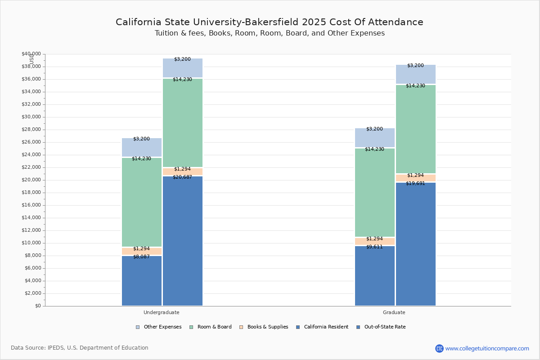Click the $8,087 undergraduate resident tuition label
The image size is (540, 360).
(x=141, y=256)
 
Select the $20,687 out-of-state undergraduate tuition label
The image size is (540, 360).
(x=182, y=177)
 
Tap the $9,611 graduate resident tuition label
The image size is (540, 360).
(x=374, y=247)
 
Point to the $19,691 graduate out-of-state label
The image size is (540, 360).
(x=415, y=183)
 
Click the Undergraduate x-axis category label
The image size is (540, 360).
(x=162, y=312)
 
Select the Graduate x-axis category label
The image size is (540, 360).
(x=394, y=312)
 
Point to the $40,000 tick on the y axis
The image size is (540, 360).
(x=31, y=54)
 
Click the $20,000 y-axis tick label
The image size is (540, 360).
(x=31, y=180)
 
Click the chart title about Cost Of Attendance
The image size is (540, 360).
(x=270, y=22)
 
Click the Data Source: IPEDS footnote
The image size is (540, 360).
(x=80, y=348)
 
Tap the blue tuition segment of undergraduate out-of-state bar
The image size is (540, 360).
(x=182, y=243)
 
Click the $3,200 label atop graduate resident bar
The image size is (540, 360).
(x=374, y=129)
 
